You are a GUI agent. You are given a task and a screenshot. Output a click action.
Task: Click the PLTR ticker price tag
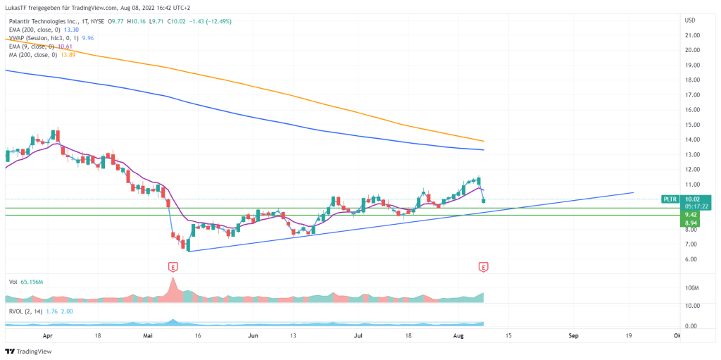[670, 199]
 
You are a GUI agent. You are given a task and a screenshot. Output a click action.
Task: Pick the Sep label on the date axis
[573, 337]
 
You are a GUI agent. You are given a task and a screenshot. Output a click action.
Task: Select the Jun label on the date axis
[254, 337]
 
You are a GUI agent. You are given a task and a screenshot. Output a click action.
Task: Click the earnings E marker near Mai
[173, 267]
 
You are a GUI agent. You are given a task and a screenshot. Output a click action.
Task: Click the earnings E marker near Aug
[483, 267]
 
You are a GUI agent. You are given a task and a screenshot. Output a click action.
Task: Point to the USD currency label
[690, 19]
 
